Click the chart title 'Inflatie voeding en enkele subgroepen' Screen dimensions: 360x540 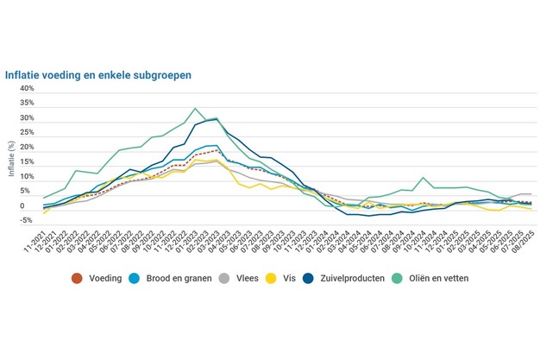pos(98,75)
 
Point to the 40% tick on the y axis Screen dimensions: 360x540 pos(27,88)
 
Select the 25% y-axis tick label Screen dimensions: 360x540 pos(27,132)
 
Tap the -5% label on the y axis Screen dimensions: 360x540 pos(27,221)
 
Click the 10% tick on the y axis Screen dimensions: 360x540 pos(27,177)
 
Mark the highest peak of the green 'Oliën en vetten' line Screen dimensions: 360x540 pos(196,109)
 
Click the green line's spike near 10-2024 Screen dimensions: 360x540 pos(424,178)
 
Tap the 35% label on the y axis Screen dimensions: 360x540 pos(27,103)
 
